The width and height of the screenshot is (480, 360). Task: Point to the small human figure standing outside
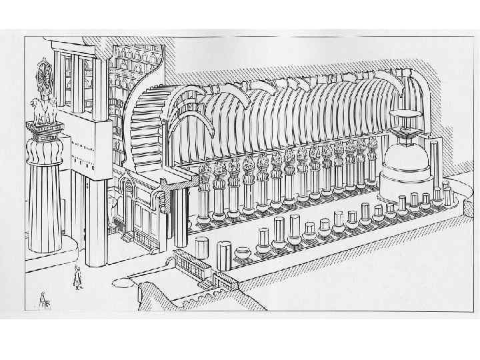tap(77, 276)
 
